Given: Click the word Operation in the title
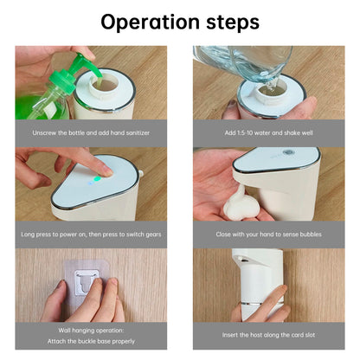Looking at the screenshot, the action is point(150,22).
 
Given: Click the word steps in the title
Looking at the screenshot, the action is point(233,22).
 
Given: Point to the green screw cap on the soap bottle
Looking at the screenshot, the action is point(61,80).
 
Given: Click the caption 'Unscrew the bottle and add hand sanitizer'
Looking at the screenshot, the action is point(91,133).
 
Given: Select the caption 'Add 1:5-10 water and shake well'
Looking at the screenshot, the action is point(269,133).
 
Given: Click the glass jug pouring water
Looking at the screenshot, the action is point(245,63).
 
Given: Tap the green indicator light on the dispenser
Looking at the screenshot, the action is point(98,179).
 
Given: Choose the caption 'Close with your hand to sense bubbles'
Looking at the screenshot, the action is point(269,235).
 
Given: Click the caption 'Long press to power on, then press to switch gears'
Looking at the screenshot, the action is point(91,235).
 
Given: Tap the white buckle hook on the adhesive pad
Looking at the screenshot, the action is point(86,283).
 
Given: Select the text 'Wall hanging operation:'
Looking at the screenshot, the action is point(91,331).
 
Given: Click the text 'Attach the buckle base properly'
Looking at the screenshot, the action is point(91,341).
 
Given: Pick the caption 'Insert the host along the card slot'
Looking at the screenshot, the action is point(269,335).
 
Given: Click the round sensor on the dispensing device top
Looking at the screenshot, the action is point(287,152).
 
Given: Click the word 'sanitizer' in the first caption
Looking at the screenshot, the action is point(138,133).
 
